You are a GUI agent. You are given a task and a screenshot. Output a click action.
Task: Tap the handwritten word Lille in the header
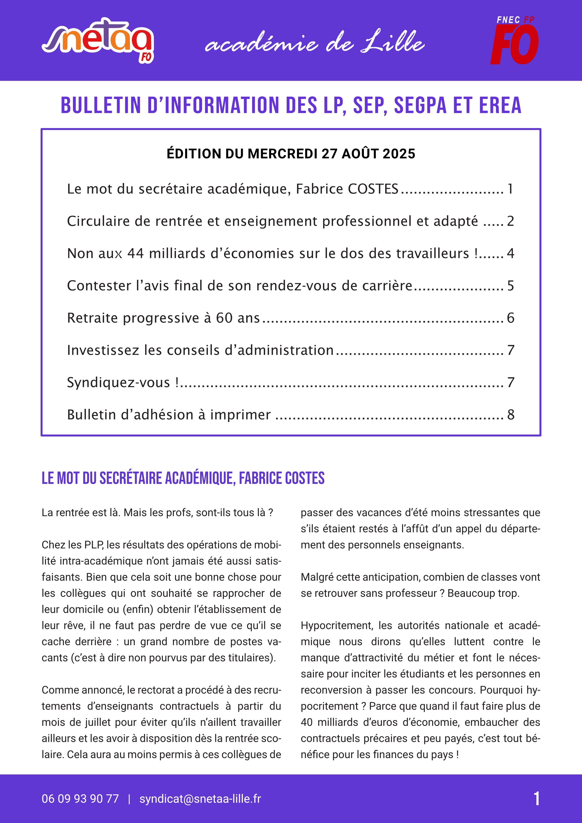click(392, 42)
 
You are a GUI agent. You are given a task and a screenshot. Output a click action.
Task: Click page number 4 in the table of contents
click(510, 253)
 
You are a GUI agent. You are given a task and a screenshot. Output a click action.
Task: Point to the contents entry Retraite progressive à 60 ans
click(164, 318)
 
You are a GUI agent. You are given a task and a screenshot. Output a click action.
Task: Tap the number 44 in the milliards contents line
click(135, 253)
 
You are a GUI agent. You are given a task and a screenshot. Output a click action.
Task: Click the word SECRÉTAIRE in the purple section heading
click(131, 478)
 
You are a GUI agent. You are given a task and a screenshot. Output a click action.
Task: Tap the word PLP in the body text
click(94, 545)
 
